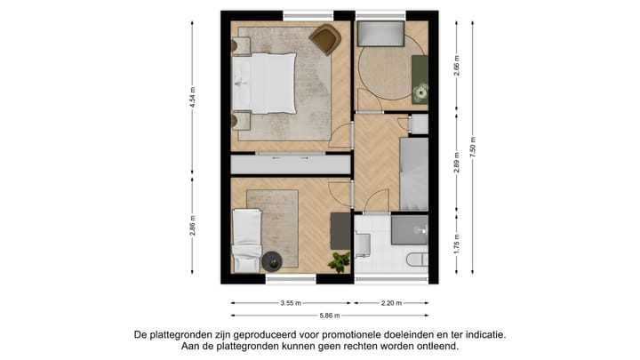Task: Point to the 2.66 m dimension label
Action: coord(457,66)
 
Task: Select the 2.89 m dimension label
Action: coord(457,164)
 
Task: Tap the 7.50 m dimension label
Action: coord(474,147)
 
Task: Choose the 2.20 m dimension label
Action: coord(390,302)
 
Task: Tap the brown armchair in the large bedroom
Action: coord(325,39)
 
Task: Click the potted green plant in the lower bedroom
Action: coord(339,260)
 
